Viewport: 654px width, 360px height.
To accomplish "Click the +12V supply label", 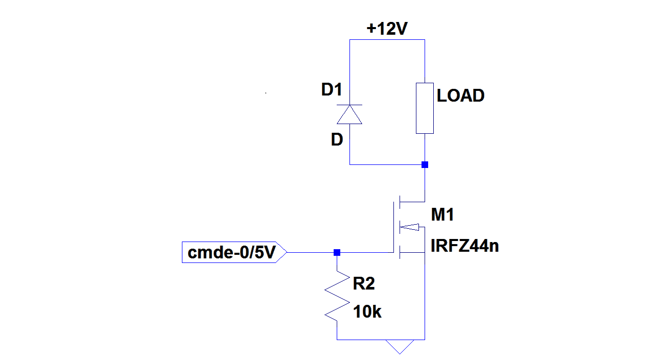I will click(387, 30).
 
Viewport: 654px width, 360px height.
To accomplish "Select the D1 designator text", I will click(331, 90).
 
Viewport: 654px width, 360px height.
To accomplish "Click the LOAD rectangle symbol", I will click(425, 108).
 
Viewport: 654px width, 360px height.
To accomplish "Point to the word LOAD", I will click(460, 95).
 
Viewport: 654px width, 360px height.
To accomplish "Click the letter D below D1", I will click(337, 140).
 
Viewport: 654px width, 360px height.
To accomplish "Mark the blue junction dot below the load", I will click(425, 164).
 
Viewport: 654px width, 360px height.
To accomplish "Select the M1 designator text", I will click(442, 215).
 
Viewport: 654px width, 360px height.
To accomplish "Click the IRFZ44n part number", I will click(464, 246).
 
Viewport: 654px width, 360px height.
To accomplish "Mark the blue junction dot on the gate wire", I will click(337, 252).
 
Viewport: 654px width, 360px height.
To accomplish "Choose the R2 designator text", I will click(363, 284).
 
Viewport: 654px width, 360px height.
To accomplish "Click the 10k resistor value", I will click(367, 311).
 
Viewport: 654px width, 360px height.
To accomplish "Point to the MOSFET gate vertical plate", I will click(394, 227).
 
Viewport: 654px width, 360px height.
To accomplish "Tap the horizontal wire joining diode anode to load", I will click(387, 164).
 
